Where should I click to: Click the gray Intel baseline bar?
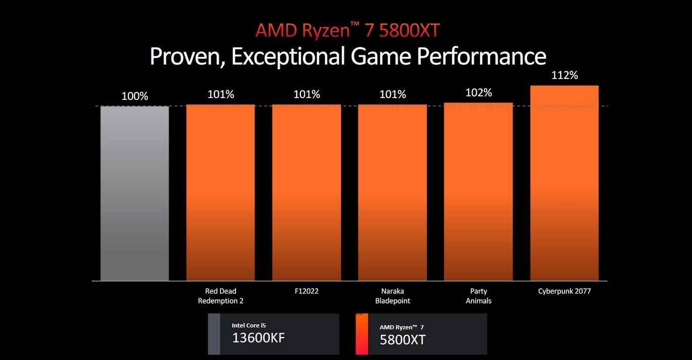tap(135, 193)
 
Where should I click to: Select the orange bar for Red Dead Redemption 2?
tap(220, 192)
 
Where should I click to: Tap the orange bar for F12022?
tap(306, 192)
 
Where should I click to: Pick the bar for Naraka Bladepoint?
tap(392, 192)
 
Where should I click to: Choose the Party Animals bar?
tap(478, 191)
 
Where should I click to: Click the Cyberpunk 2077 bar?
tap(564, 183)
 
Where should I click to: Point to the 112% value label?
tap(565, 75)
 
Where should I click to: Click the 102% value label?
tap(479, 92)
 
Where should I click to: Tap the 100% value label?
tap(135, 96)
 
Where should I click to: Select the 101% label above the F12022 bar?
tap(307, 94)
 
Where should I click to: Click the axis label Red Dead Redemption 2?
tap(220, 296)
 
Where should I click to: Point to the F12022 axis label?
tap(306, 291)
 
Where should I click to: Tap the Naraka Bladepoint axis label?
tap(392, 296)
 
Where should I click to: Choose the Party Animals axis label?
tap(478, 296)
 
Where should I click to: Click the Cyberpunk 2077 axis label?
tap(565, 291)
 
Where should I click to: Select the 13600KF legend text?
tap(258, 338)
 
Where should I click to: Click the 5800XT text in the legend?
tap(402, 339)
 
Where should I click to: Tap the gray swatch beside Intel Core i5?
tap(214, 334)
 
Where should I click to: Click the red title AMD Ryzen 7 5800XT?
tap(347, 31)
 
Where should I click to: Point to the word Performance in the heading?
tap(481, 56)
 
